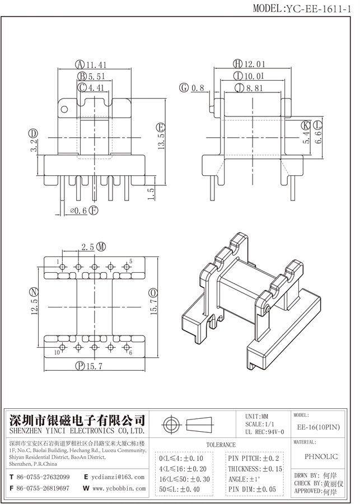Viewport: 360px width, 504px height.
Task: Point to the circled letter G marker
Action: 183,88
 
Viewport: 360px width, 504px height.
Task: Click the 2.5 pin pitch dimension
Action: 88,247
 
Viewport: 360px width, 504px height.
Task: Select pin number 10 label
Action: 57,352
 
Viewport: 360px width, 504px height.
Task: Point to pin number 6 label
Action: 130,352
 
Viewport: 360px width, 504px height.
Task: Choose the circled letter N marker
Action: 34,292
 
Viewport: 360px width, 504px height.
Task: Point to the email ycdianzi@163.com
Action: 118,477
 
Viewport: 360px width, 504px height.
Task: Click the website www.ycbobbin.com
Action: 118,488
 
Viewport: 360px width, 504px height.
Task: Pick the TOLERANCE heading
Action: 221,445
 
